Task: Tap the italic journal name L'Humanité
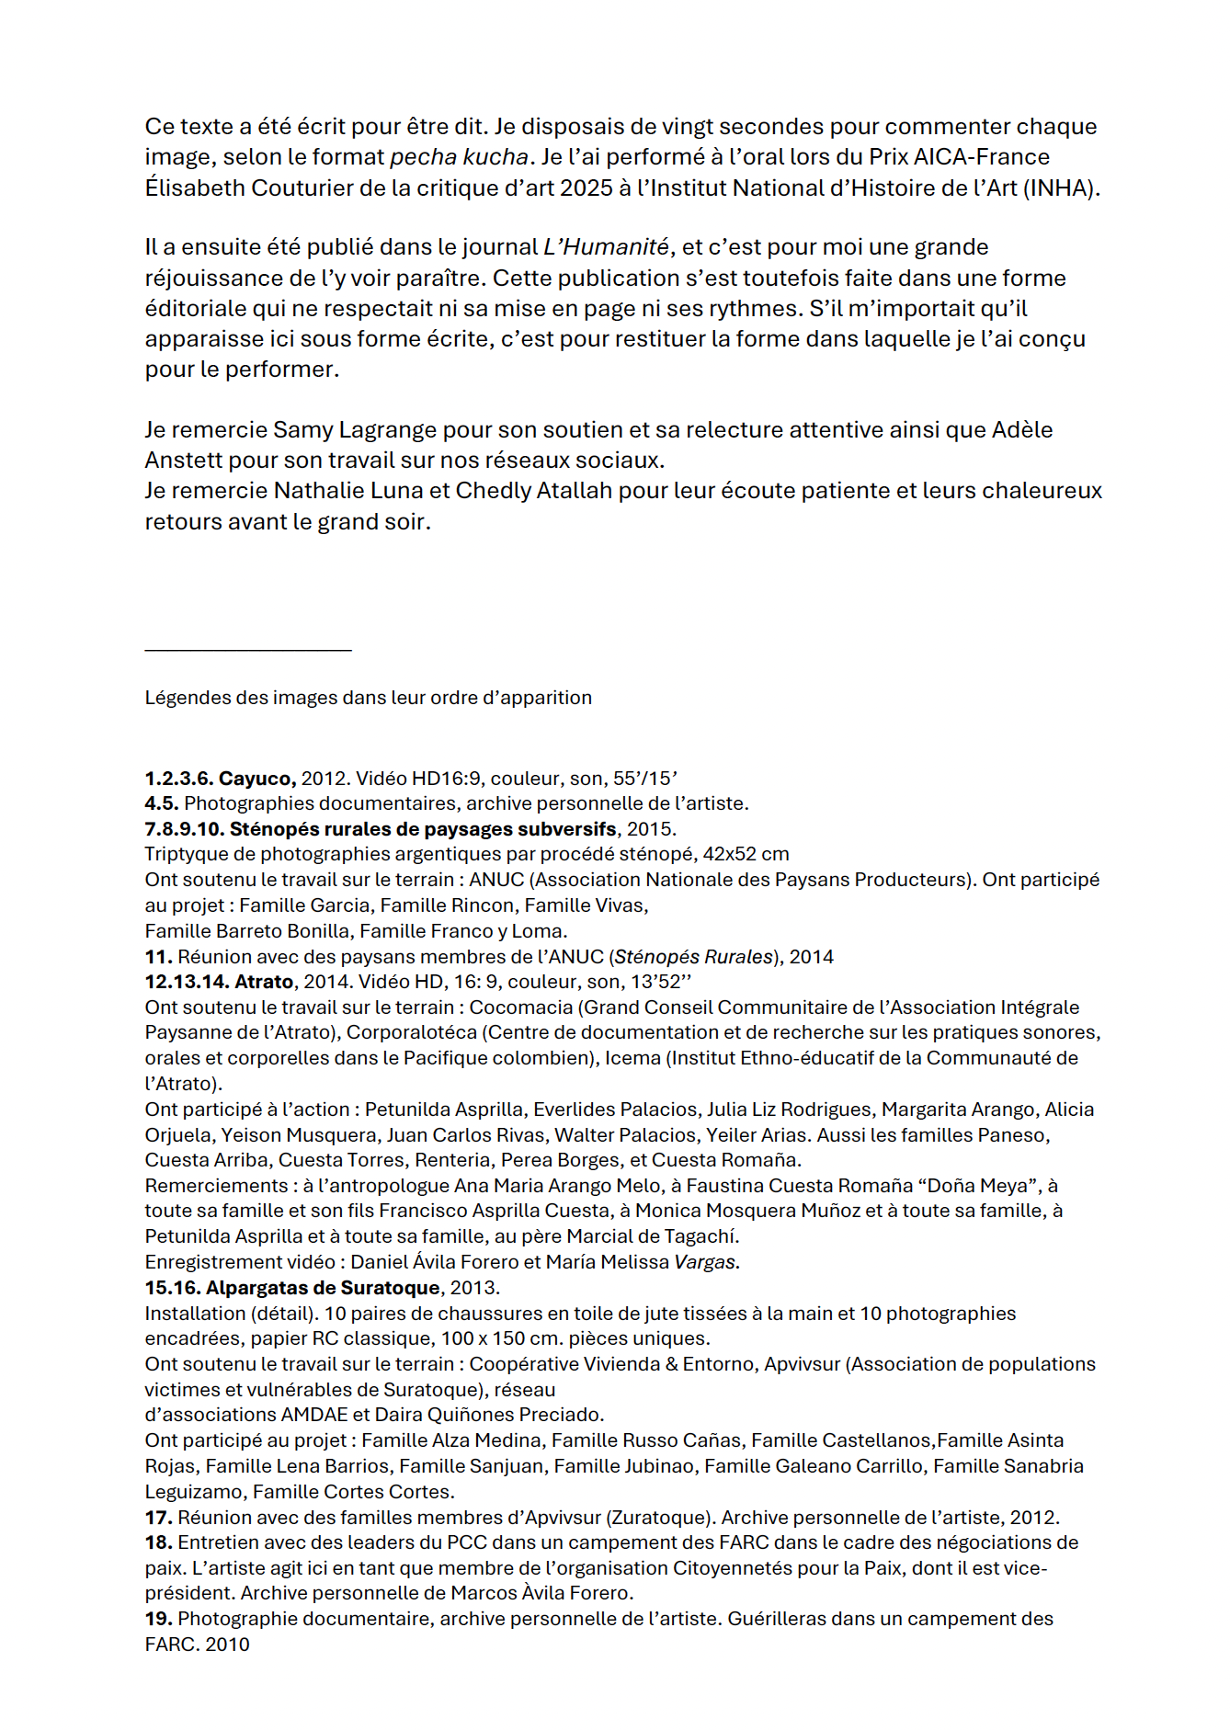(607, 247)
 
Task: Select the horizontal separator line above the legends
(248, 650)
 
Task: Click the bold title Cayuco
(256, 779)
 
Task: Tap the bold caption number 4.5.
(161, 803)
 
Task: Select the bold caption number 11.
(158, 957)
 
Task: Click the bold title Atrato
(264, 982)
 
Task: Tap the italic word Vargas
(706, 1262)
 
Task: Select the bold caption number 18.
(158, 1542)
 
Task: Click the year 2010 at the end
(227, 1645)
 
